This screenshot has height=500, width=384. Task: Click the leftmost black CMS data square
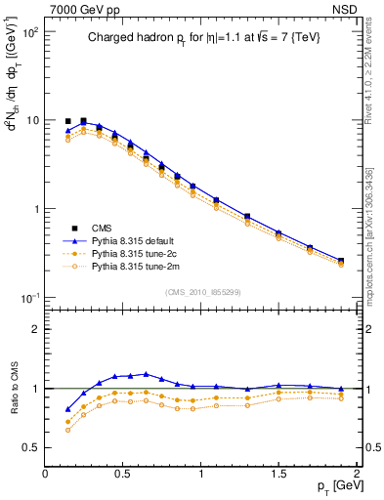point(67,121)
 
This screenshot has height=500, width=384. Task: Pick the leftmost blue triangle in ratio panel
point(67,409)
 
